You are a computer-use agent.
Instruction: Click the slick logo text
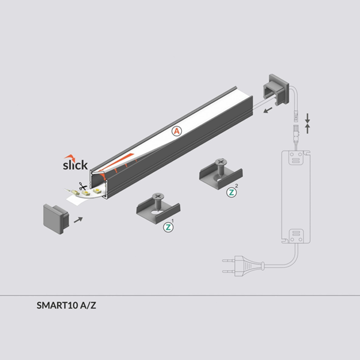click(76, 164)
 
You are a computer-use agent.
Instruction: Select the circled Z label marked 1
click(168, 228)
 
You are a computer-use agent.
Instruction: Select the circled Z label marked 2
click(232, 193)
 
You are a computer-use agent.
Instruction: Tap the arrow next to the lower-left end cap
click(78, 220)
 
